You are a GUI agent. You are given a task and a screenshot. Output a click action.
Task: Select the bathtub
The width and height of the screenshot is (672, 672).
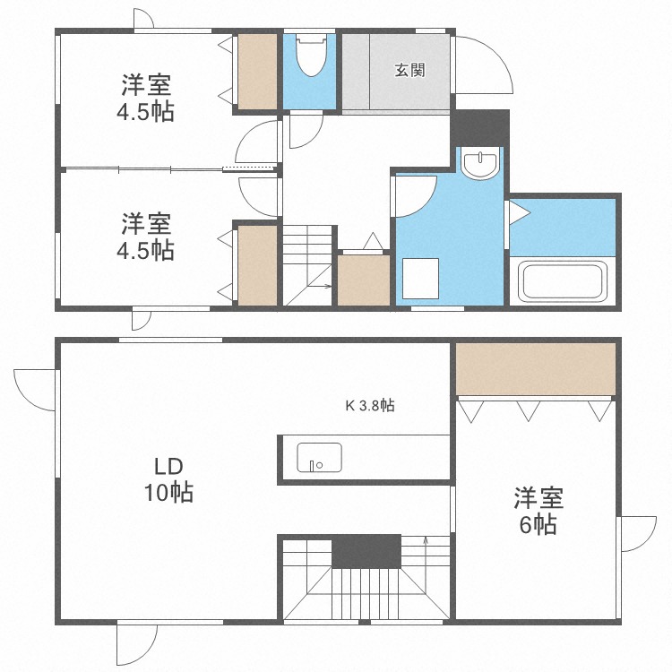point(563,280)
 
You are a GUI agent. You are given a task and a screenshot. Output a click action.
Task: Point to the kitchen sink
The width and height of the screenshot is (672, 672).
point(319,457)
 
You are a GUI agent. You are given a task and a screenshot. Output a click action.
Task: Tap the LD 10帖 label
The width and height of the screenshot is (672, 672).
point(168,479)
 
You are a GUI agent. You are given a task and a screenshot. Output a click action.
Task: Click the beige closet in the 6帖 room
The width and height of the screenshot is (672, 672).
point(535,368)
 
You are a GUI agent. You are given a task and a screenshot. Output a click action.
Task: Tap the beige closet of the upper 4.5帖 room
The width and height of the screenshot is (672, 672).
point(257,73)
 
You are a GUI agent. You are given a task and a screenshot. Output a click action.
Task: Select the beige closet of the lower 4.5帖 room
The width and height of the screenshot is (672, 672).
point(257,265)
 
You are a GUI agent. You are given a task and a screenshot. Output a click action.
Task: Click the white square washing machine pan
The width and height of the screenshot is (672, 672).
point(419,279)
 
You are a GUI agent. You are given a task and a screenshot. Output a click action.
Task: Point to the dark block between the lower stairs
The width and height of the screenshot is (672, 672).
point(366,551)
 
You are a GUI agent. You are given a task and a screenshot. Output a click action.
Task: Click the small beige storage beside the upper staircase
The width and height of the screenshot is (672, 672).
point(364,279)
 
